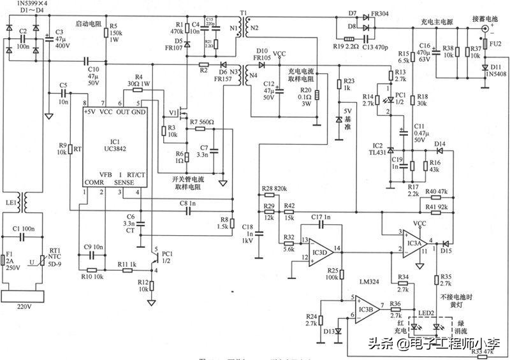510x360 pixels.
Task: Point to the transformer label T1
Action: pyautogui.click(x=243, y=12)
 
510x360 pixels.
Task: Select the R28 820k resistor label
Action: pyautogui.click(x=274, y=189)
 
